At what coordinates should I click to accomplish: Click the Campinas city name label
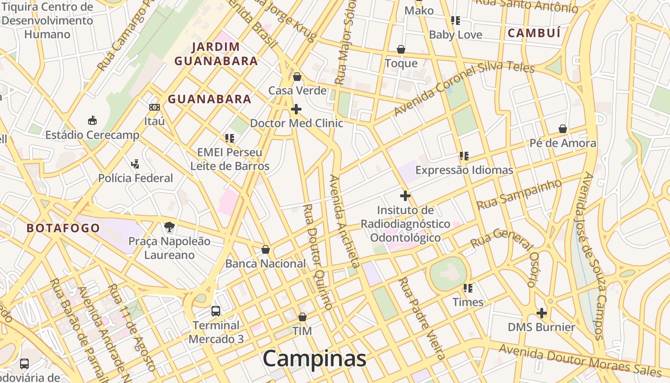pyautogui.click(x=314, y=359)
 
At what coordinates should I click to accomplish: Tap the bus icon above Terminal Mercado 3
pyautogui.click(x=216, y=311)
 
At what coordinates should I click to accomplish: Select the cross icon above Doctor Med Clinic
pyautogui.click(x=296, y=109)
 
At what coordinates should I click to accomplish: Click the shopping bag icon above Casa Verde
pyautogui.click(x=297, y=77)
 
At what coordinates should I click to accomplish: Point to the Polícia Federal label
pyautogui.click(x=135, y=178)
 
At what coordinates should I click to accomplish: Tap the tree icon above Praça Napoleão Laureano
pyautogui.click(x=169, y=226)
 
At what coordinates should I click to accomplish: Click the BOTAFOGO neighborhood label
pyautogui.click(x=63, y=228)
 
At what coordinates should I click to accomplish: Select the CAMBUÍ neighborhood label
pyautogui.click(x=534, y=33)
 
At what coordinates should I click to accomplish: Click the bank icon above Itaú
pyautogui.click(x=154, y=107)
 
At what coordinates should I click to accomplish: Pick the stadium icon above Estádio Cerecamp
pyautogui.click(x=92, y=120)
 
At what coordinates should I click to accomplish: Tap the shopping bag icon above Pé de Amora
pyautogui.click(x=563, y=129)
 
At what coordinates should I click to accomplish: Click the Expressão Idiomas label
pyautogui.click(x=464, y=170)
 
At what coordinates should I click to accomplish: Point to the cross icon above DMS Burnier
pyautogui.click(x=541, y=313)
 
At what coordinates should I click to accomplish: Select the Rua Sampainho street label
pyautogui.click(x=519, y=194)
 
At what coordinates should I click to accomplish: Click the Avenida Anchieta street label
pyautogui.click(x=344, y=221)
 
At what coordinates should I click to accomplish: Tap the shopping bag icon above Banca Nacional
pyautogui.click(x=266, y=249)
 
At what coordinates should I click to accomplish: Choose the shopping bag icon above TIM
pyautogui.click(x=302, y=317)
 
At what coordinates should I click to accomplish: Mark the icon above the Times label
pyautogui.click(x=468, y=288)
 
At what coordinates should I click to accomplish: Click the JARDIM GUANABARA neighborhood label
pyautogui.click(x=216, y=54)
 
